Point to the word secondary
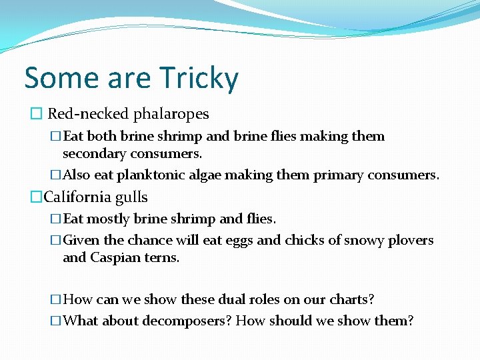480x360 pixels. click(x=96, y=154)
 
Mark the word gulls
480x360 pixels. click(x=131, y=198)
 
